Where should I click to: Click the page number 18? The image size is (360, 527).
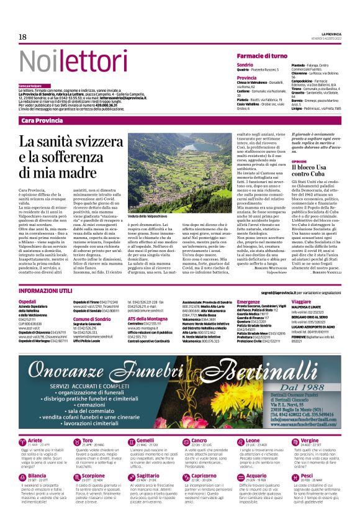pos(22,38)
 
